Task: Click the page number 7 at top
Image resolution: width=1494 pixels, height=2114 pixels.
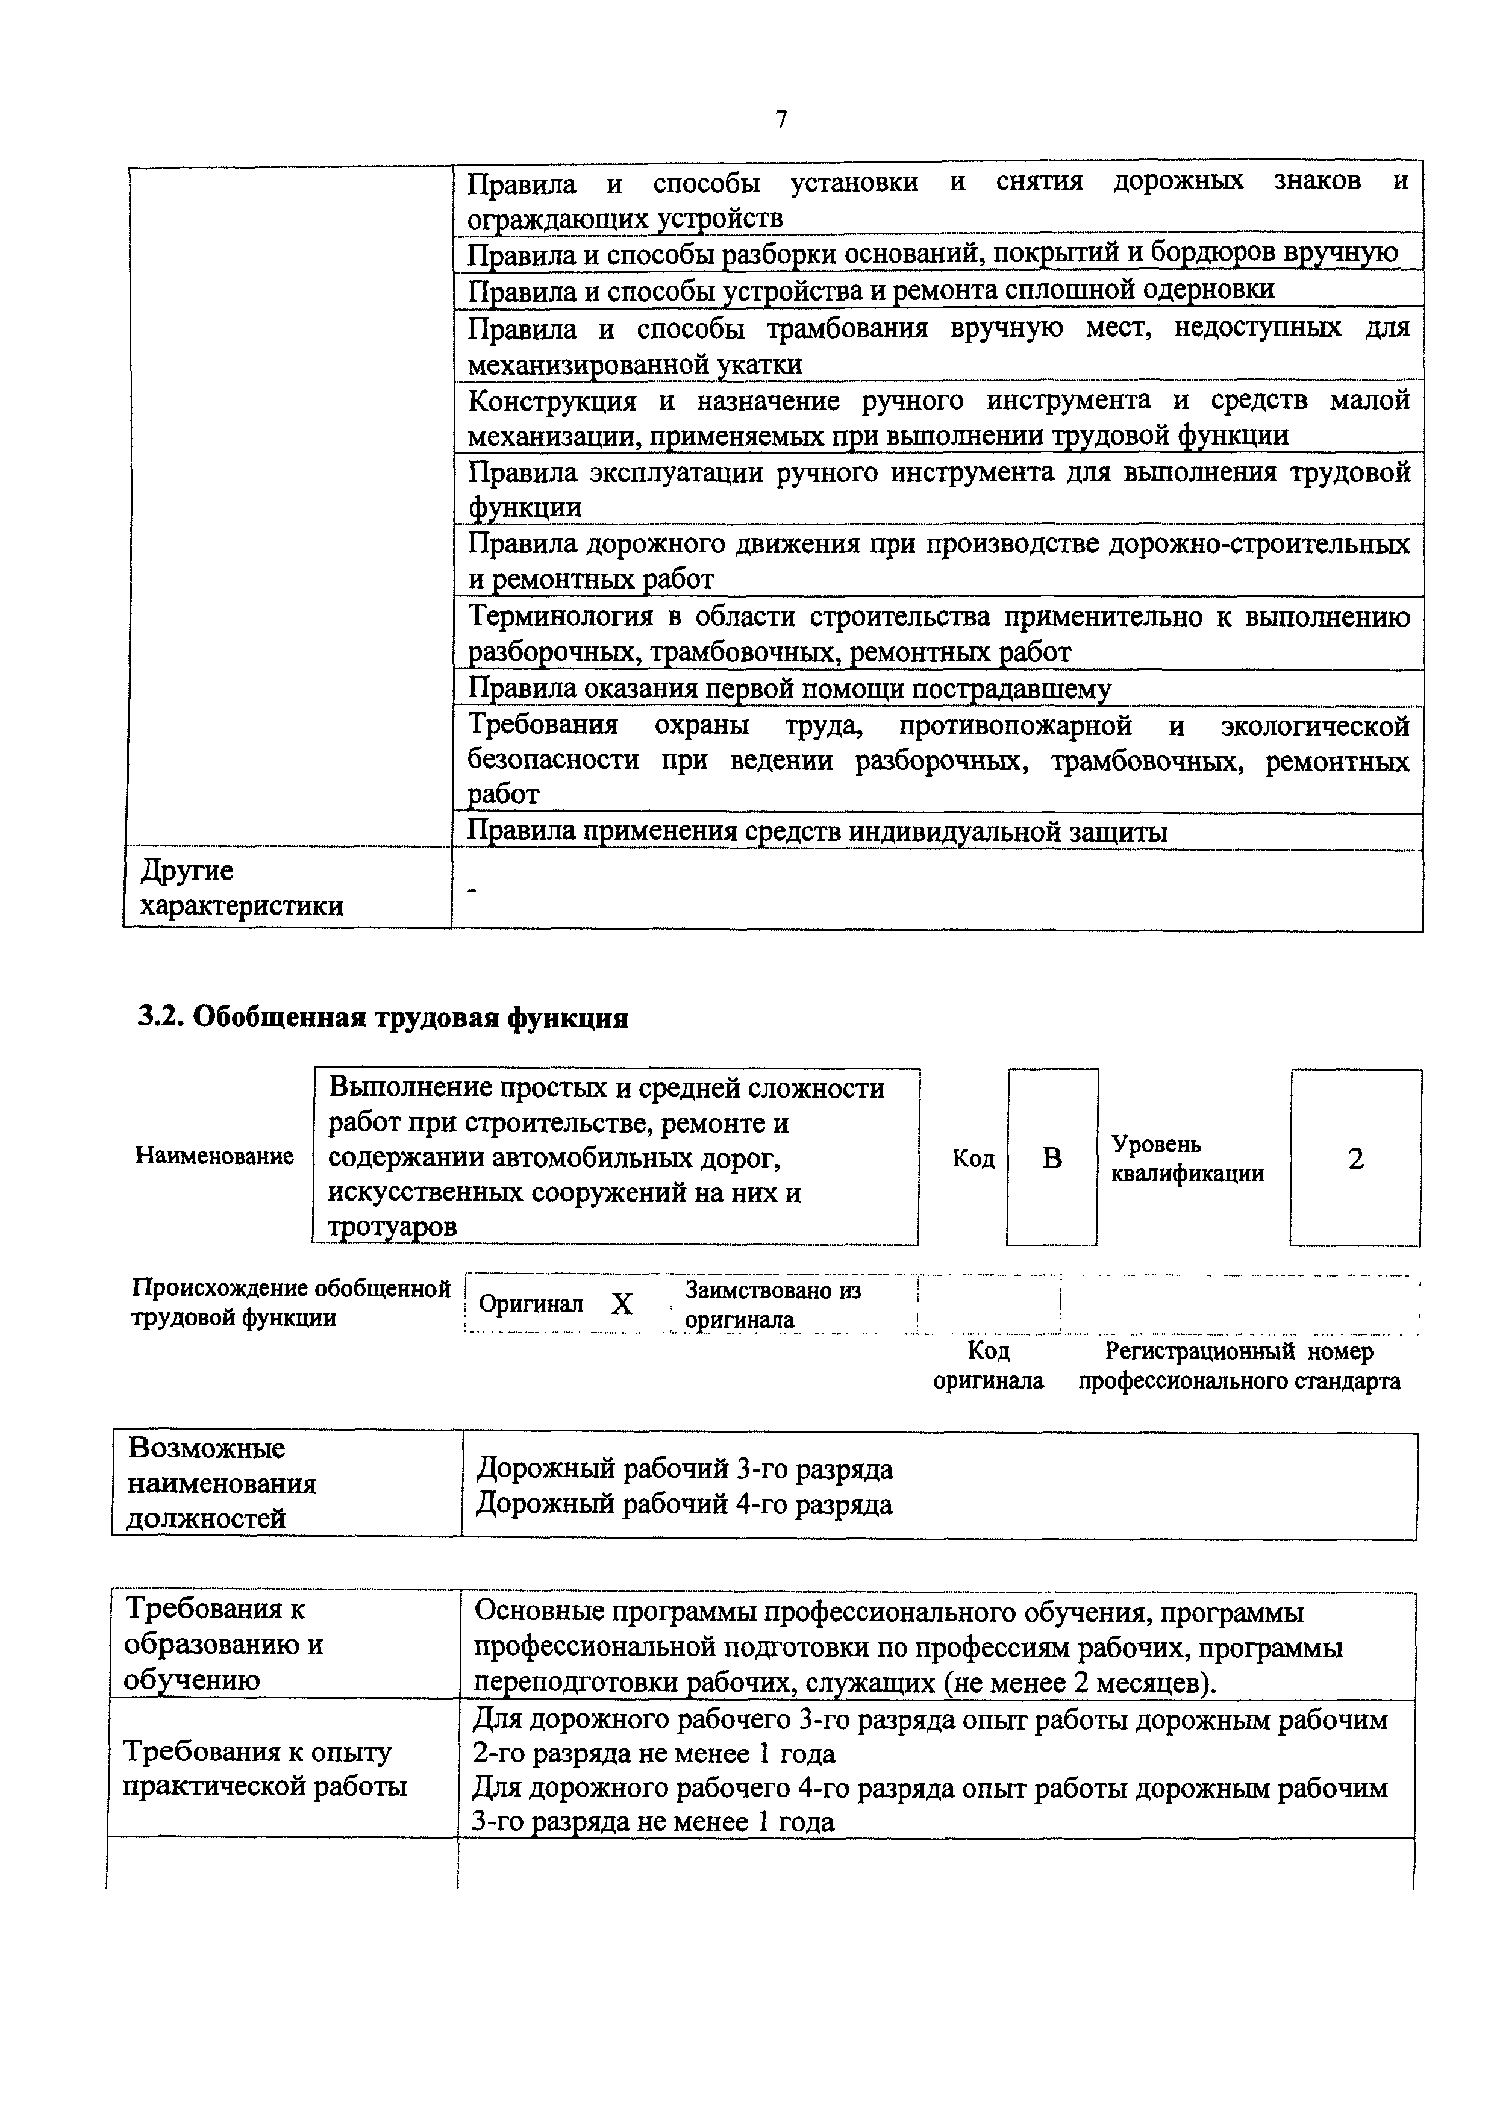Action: point(781,120)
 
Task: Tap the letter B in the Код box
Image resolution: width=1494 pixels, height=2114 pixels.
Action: point(1052,1159)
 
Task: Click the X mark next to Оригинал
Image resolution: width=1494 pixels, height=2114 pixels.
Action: point(622,1304)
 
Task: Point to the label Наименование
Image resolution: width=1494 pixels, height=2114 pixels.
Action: point(214,1157)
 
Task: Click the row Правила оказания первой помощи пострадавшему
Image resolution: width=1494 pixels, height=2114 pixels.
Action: point(789,689)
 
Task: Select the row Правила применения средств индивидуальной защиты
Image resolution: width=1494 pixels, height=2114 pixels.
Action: point(816,831)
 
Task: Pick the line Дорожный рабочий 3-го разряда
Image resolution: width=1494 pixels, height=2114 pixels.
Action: point(683,1469)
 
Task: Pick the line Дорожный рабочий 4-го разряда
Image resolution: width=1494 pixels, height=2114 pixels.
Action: point(683,1504)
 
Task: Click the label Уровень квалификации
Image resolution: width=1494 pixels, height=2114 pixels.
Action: point(1187,1159)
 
